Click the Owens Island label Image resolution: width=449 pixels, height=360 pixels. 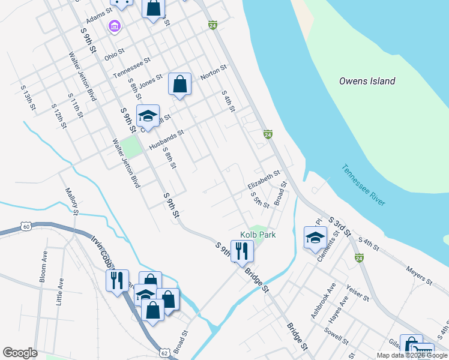(x=367, y=81)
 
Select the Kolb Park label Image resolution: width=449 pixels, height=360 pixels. (x=258, y=235)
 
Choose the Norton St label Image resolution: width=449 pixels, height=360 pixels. (x=213, y=72)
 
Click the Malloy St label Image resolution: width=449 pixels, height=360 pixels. (x=71, y=200)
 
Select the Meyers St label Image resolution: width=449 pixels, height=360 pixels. (x=420, y=277)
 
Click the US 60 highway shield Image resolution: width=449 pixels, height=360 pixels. (x=25, y=226)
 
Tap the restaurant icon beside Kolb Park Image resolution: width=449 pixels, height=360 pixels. (x=242, y=250)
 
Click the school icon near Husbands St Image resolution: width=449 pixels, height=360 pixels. (x=147, y=115)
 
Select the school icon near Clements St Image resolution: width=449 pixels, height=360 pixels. (x=315, y=237)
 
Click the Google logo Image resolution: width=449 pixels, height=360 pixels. (x=20, y=353)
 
